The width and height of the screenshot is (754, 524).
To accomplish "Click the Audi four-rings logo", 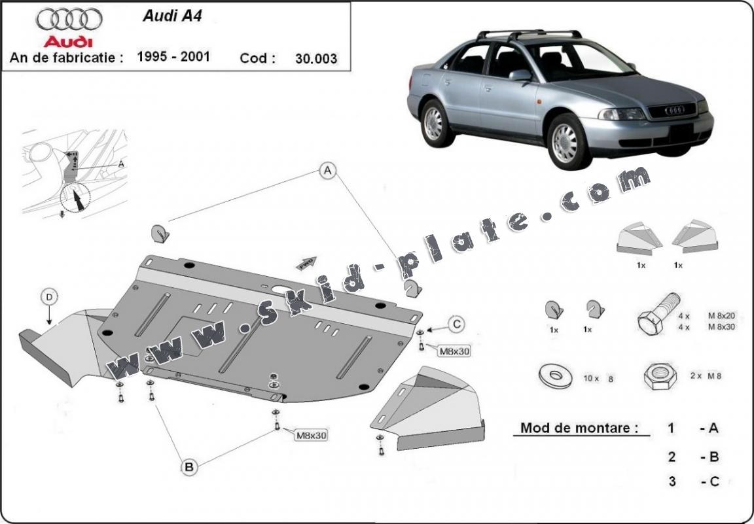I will pos(69,20).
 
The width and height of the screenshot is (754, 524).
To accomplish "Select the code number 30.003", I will pos(316,58).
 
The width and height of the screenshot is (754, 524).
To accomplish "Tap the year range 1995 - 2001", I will pos(173,56).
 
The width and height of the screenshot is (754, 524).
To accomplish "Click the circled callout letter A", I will pos(327,171).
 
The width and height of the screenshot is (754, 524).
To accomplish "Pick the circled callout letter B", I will pos(188,467).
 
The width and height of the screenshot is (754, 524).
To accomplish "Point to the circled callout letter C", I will pos(457,323).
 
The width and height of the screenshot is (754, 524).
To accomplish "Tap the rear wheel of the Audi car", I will pos(433,122).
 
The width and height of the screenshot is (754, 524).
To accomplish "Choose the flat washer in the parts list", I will pos(554,376).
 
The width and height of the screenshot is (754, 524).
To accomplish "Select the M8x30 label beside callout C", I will pos(455,351).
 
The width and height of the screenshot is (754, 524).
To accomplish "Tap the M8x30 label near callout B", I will pos(312,434).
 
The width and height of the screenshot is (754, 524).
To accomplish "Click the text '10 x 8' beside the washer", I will pos(598,378).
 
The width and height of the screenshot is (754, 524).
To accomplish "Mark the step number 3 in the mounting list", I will pos(672,482).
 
